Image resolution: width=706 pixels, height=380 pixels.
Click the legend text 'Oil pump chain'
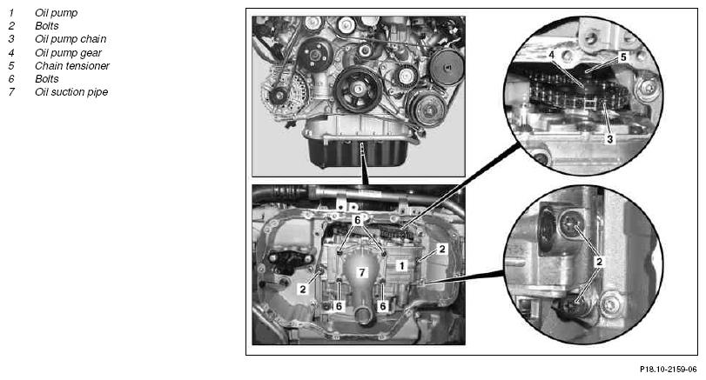[x=71, y=39]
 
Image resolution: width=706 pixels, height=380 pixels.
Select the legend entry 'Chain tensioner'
[x=72, y=66]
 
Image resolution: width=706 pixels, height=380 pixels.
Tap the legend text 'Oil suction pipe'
[x=71, y=92]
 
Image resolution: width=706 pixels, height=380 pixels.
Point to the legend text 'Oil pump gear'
[x=69, y=53]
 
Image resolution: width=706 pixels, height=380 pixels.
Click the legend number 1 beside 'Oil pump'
[x=11, y=13]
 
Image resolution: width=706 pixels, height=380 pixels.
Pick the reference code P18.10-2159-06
[x=669, y=370]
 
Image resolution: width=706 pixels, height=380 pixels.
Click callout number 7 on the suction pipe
[x=361, y=271]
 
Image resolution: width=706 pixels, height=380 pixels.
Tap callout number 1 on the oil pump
[x=401, y=265]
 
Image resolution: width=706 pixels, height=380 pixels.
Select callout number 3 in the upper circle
[x=609, y=139]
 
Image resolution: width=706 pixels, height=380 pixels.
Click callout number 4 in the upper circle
[x=552, y=55]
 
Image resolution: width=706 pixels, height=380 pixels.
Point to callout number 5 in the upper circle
[x=623, y=57]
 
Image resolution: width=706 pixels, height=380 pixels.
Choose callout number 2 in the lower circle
[x=599, y=262]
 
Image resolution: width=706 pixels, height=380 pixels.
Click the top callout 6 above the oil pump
[x=358, y=220]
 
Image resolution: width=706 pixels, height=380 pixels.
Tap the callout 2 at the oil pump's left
[x=303, y=290]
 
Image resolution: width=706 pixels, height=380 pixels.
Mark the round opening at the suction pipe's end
[x=363, y=316]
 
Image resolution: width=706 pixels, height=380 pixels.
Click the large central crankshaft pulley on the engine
[x=358, y=89]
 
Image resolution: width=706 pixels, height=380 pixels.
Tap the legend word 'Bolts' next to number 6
[x=47, y=79]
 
